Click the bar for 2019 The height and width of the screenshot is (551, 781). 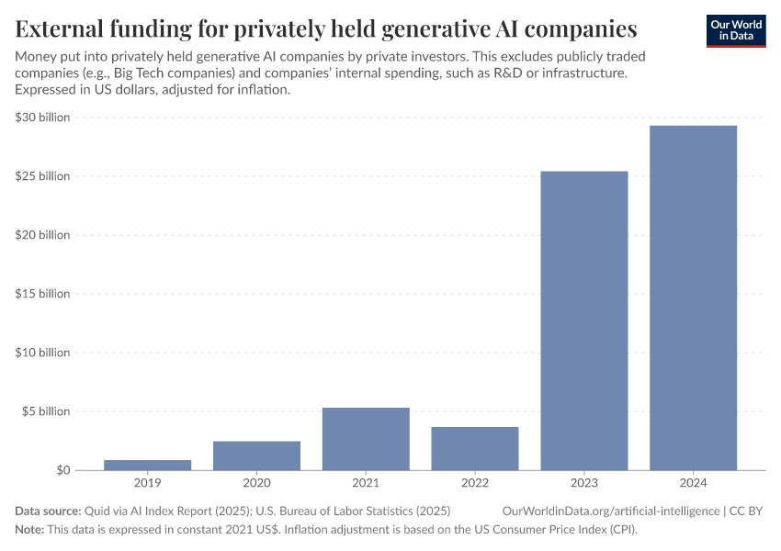[147, 465]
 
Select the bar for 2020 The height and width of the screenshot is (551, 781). [256, 455]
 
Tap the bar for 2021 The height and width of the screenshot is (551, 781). [366, 439]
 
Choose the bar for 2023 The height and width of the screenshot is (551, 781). [584, 320]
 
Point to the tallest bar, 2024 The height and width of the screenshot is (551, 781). [693, 298]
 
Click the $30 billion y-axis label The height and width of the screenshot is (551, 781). [42, 118]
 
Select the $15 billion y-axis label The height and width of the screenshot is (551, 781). [42, 294]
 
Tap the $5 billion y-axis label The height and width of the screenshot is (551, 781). [45, 411]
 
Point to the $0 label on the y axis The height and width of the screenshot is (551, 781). [62, 470]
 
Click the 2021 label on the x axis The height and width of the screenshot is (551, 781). [366, 482]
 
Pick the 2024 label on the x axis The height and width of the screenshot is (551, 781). [693, 482]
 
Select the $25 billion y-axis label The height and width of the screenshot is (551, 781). [42, 176]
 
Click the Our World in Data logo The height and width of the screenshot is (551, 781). [735, 30]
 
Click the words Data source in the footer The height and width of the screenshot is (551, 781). [48, 511]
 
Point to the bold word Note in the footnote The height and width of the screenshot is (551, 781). [30, 530]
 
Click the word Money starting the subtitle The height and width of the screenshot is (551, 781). [38, 57]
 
